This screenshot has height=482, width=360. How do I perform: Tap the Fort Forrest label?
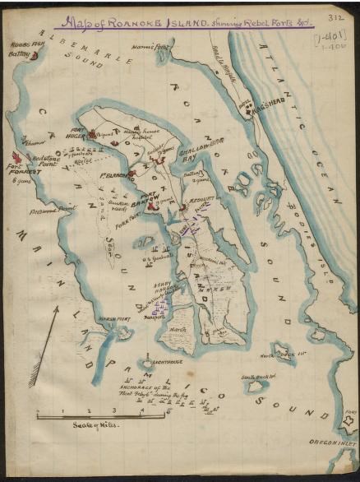click(19, 173)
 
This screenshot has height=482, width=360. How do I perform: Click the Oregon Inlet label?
click(331, 442)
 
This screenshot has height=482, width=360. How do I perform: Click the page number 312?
click(334, 16)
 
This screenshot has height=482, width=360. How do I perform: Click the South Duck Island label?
click(256, 378)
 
